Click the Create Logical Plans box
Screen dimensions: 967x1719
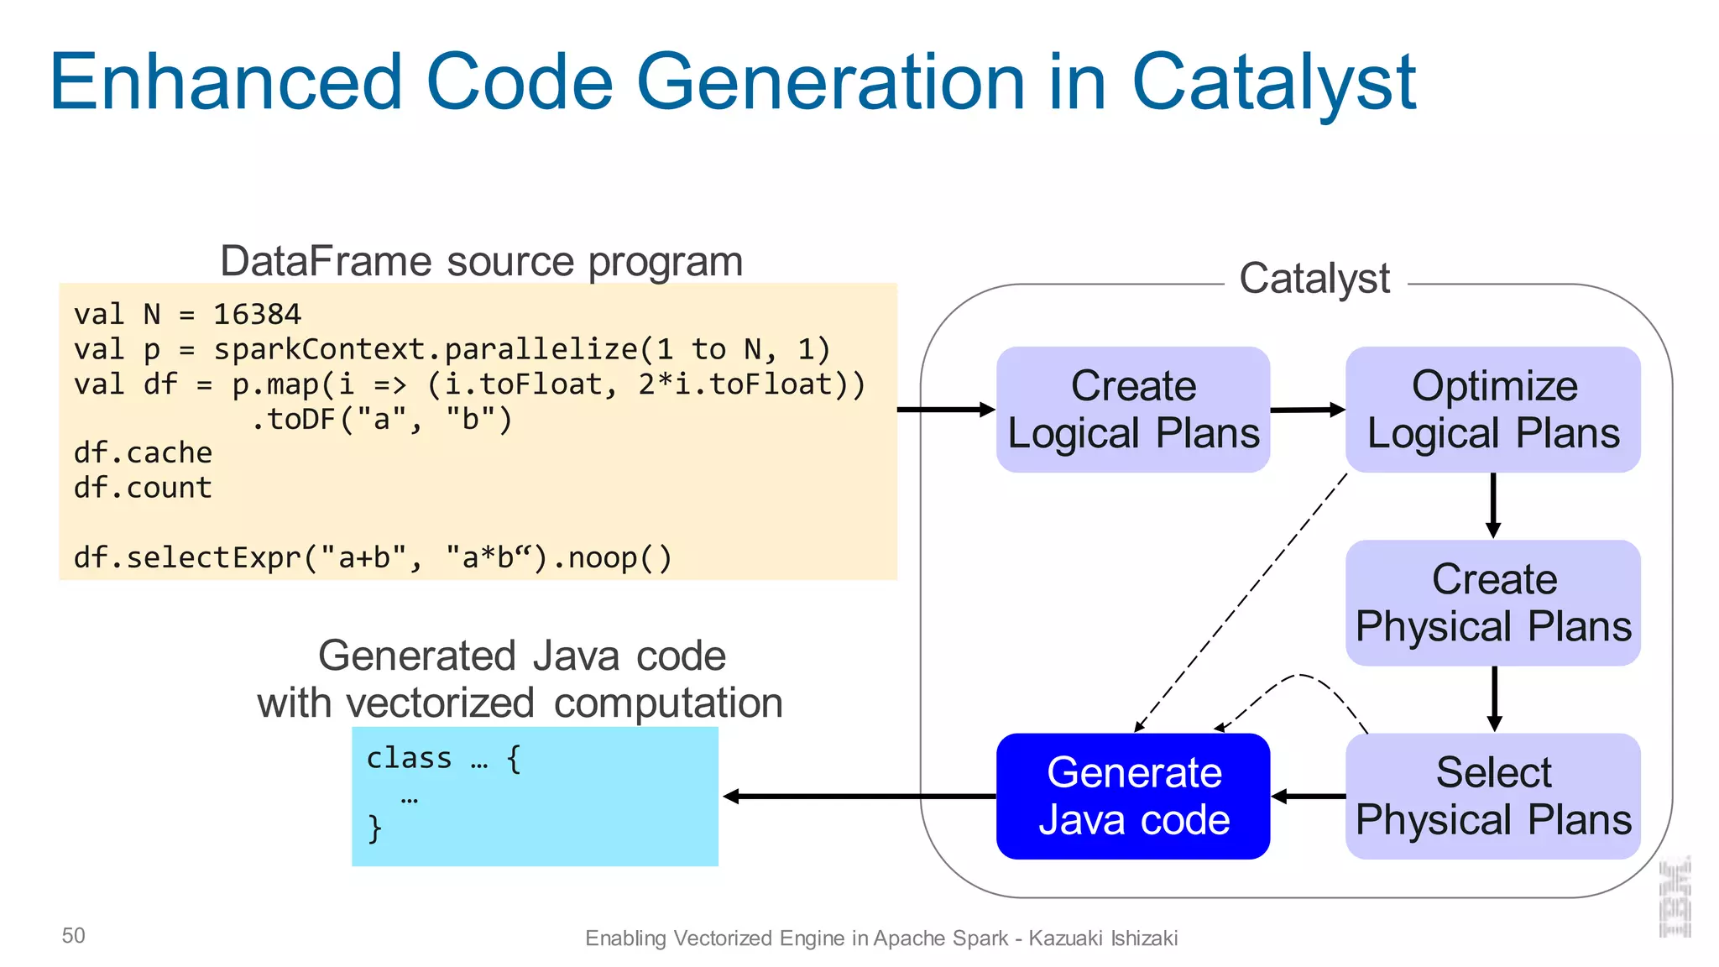pyautogui.click(x=1132, y=410)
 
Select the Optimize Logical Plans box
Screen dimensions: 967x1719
pyautogui.click(x=1492, y=410)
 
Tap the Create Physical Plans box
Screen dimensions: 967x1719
pyautogui.click(x=1492, y=603)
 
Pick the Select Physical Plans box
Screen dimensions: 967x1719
pyautogui.click(x=1492, y=796)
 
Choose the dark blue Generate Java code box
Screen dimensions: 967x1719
pyautogui.click(x=1132, y=796)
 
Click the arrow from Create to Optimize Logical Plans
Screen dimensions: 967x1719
pyautogui.click(x=1307, y=410)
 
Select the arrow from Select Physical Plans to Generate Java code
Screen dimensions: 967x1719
pyautogui.click(x=1308, y=796)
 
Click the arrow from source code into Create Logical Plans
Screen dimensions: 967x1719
pyautogui.click(x=946, y=410)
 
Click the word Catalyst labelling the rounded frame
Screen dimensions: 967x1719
pyautogui.click(x=1314, y=279)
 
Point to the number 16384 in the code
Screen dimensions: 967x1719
pyautogui.click(x=257, y=315)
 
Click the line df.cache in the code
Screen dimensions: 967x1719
pyautogui.click(x=143, y=453)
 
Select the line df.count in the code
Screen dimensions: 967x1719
pyautogui.click(x=143, y=488)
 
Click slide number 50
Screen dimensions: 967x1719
pyautogui.click(x=74, y=936)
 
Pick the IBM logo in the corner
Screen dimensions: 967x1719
pyautogui.click(x=1675, y=896)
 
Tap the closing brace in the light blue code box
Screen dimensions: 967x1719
pyautogui.click(x=374, y=828)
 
